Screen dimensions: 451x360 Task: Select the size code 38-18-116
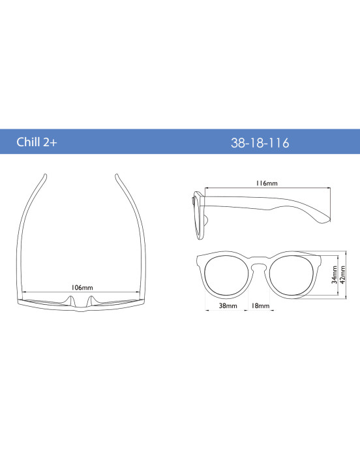click(260, 142)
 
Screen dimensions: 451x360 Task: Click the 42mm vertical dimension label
click(343, 275)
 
